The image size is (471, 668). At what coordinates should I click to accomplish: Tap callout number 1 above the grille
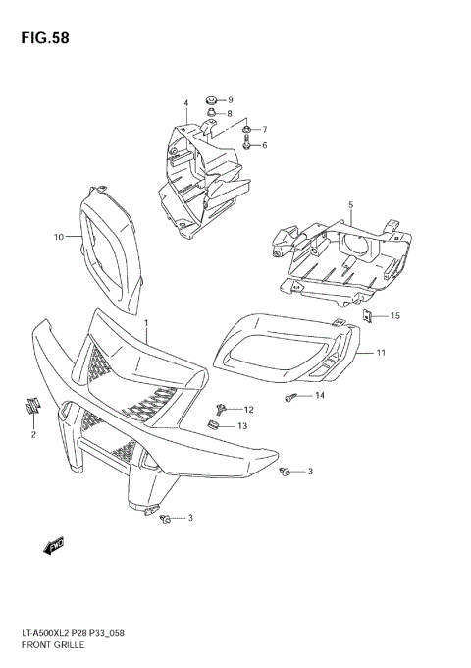click(x=146, y=323)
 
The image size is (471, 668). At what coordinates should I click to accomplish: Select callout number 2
click(x=33, y=434)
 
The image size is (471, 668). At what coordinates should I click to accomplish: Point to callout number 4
click(x=184, y=103)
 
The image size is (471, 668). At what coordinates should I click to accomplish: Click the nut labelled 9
click(x=210, y=100)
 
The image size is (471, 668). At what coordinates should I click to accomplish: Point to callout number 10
click(x=58, y=237)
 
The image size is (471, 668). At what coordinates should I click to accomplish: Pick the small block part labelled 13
click(x=213, y=425)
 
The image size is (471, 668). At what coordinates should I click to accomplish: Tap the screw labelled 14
click(x=290, y=396)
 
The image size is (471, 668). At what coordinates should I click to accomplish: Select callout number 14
click(x=319, y=395)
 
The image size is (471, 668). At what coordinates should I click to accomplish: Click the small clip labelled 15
click(x=367, y=315)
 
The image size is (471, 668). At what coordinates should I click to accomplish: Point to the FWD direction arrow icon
click(x=54, y=543)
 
